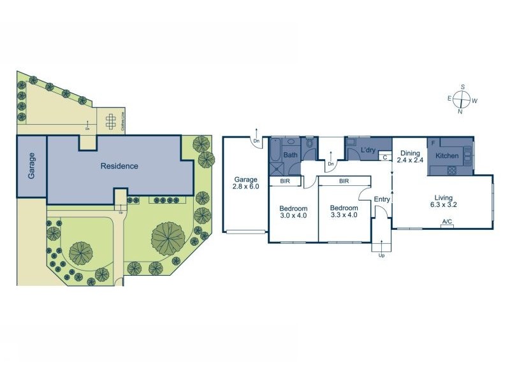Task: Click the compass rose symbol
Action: click(463, 99)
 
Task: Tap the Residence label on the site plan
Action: click(119, 166)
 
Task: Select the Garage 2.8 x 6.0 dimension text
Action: click(245, 183)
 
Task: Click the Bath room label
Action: click(290, 155)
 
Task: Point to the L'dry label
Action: click(368, 151)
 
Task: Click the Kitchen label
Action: click(448, 155)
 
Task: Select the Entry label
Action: click(382, 199)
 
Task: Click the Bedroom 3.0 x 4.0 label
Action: click(293, 213)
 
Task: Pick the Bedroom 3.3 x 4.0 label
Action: click(344, 213)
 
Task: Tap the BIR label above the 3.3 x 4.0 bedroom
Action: click(344, 181)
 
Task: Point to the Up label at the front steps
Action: click(382, 255)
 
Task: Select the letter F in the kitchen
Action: click(433, 143)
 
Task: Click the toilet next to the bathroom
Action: click(309, 145)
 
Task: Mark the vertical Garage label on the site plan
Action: click(31, 167)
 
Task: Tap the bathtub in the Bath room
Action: click(275, 151)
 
